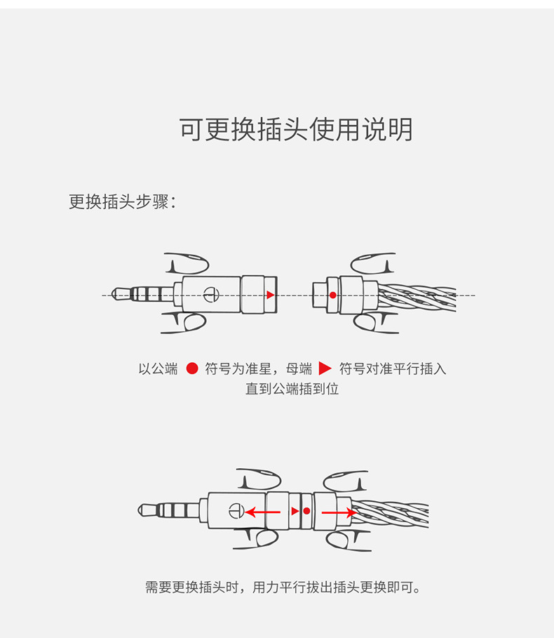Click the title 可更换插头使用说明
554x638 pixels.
(x=296, y=130)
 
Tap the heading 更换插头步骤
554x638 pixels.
(x=122, y=201)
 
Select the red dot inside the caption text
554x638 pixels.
(x=192, y=368)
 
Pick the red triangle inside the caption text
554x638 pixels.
(x=325, y=368)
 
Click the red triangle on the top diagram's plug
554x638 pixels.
(x=271, y=295)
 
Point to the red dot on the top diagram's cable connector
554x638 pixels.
(x=332, y=295)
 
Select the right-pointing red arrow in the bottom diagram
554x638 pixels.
(x=339, y=512)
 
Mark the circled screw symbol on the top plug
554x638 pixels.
(x=210, y=295)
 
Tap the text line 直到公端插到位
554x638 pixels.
(x=292, y=388)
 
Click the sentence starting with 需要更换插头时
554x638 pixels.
(x=285, y=587)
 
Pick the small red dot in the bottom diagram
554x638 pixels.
(x=306, y=511)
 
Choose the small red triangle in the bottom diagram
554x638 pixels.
(x=295, y=511)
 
